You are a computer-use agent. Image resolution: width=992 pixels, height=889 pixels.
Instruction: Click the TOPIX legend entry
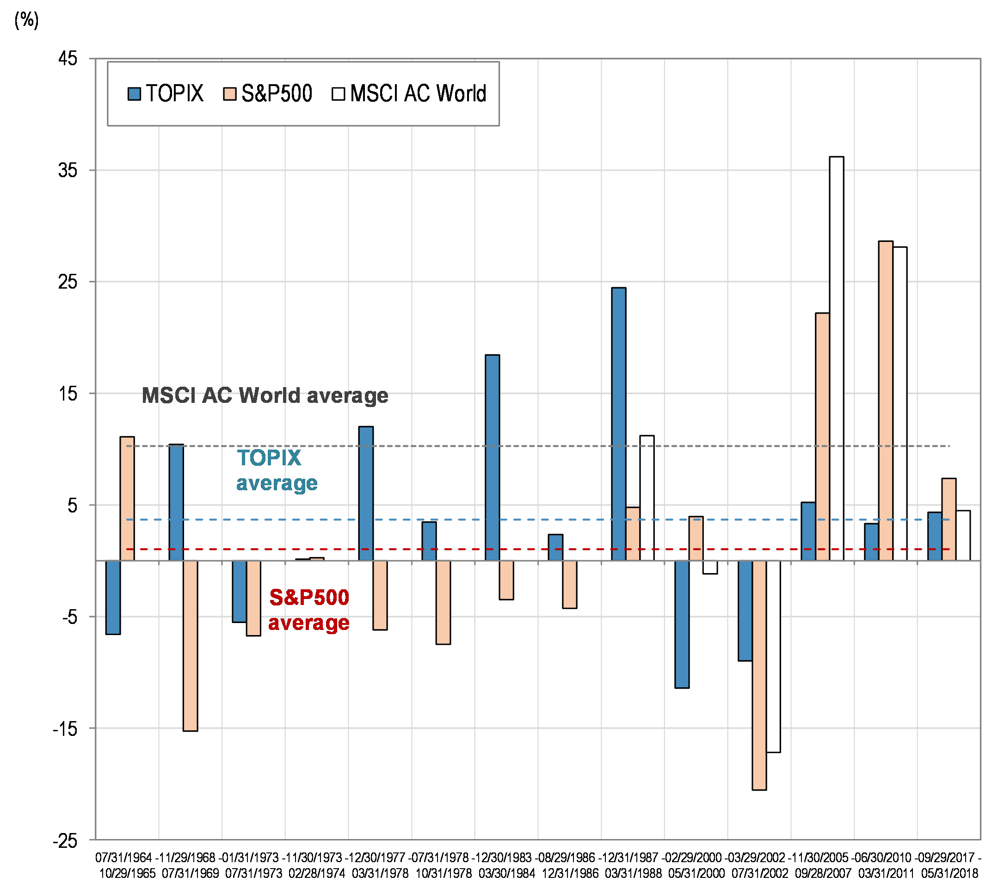[x=166, y=93]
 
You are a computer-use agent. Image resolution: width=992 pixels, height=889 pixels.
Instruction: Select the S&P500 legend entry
[x=268, y=93]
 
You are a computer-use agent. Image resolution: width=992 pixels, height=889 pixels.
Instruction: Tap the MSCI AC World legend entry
[x=409, y=93]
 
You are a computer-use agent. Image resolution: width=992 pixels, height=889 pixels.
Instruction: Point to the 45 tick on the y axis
[x=68, y=59]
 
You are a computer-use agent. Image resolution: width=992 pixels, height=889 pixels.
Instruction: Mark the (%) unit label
[x=26, y=20]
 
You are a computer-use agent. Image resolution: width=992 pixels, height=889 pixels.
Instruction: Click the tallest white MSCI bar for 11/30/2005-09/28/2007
[x=836, y=358]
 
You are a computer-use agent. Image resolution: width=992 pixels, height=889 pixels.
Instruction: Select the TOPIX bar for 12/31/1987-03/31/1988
[x=618, y=424]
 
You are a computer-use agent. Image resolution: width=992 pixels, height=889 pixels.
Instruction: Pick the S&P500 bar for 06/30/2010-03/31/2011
[x=886, y=401]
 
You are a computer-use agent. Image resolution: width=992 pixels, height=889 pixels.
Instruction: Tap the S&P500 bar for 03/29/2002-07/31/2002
[x=759, y=675]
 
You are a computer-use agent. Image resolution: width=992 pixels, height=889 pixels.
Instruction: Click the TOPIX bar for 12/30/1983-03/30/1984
[x=492, y=457]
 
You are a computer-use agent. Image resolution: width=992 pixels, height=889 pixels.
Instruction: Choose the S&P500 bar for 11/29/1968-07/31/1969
[x=191, y=645]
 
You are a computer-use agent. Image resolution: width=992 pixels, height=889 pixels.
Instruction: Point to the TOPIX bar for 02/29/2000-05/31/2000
[x=682, y=624]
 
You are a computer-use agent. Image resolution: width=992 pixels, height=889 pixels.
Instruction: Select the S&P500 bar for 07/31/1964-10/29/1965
[x=127, y=498]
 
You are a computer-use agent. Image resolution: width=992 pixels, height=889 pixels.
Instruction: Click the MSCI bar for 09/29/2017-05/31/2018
[x=963, y=535]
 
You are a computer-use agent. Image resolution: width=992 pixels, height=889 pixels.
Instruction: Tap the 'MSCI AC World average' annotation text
[x=265, y=395]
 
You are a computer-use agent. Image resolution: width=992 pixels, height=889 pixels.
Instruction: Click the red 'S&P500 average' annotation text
[x=308, y=610]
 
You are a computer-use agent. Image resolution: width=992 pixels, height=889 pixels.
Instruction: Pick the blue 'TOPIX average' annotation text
[x=277, y=470]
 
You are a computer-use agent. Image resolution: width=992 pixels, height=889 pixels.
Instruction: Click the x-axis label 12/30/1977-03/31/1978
[x=380, y=865]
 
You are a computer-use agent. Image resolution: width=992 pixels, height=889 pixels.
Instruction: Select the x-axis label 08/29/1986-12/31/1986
[x=569, y=865]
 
